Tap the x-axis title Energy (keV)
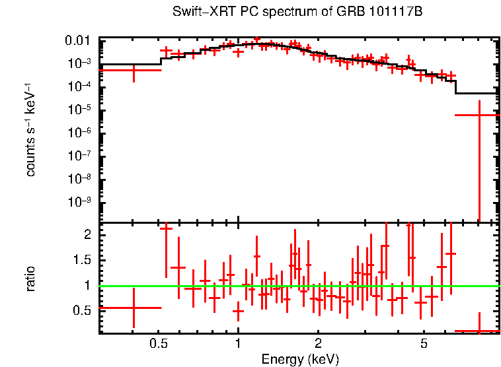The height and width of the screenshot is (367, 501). pyautogui.click(x=300, y=359)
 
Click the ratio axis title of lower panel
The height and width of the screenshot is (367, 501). pyautogui.click(x=30, y=279)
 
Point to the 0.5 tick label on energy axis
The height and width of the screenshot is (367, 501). pyautogui.click(x=158, y=345)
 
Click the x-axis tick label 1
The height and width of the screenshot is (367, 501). pyautogui.click(x=238, y=345)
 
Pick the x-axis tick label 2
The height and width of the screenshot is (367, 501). pyautogui.click(x=318, y=345)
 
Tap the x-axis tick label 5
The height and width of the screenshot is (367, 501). pyautogui.click(x=424, y=345)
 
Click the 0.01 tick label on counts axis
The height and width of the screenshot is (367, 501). pyautogui.click(x=81, y=41)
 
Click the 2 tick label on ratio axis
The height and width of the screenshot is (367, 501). pyautogui.click(x=87, y=235)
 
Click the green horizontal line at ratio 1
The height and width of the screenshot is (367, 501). pyautogui.click(x=297, y=286)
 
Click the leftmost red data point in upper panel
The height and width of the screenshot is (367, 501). pyautogui.click(x=134, y=70)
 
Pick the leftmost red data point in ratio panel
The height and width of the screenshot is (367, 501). pyautogui.click(x=134, y=308)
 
